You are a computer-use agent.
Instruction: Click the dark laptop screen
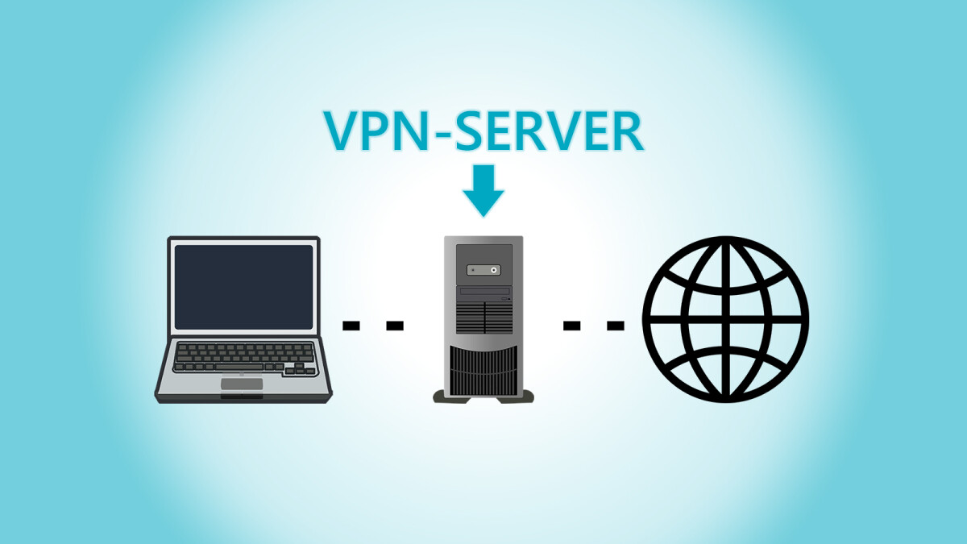coord(243,286)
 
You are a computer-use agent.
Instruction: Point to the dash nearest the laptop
coord(351,326)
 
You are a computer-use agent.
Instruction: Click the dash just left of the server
coord(394,326)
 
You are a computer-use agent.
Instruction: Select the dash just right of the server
coord(571,326)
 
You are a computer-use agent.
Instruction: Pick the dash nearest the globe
coord(615,326)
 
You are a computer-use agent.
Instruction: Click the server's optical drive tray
coord(483,292)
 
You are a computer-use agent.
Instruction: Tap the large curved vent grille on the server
coord(483,369)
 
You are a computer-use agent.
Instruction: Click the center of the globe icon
coord(724,319)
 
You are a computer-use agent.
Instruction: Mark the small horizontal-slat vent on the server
coord(483,317)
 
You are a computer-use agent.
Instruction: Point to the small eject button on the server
coord(505,298)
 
